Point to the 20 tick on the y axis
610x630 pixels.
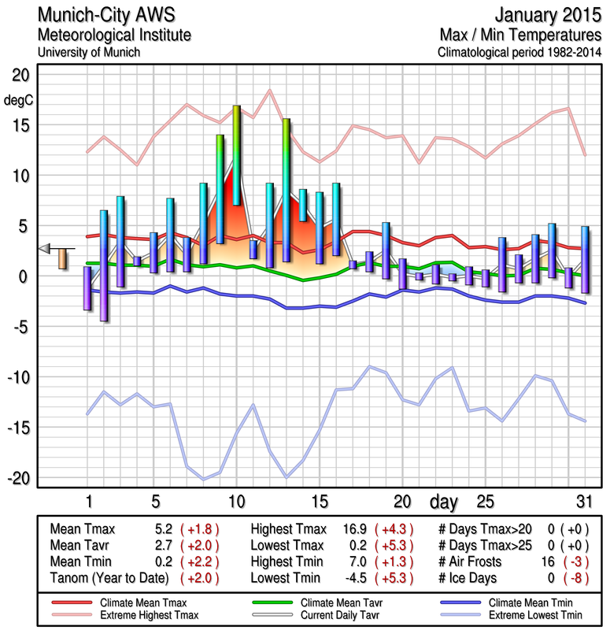[x=19, y=75]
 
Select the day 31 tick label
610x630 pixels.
[x=582, y=501]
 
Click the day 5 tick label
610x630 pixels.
[x=155, y=501]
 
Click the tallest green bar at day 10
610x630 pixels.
[x=236, y=155]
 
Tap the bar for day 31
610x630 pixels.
[x=585, y=260]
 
